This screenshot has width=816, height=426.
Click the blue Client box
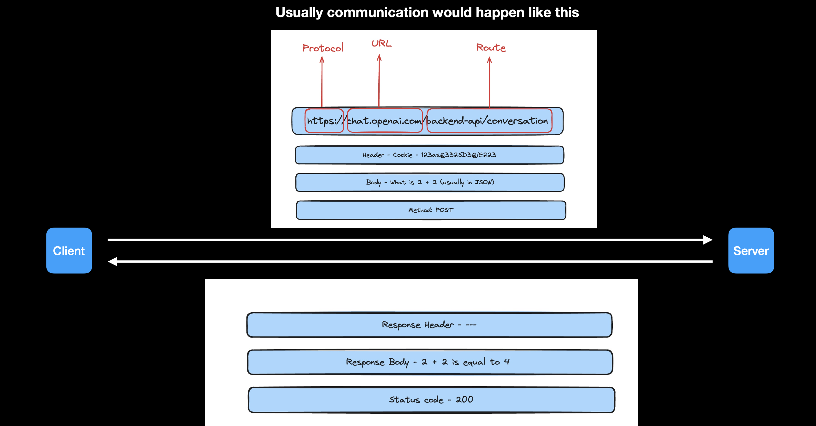pos(69,251)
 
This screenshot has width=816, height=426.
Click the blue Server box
pos(751,251)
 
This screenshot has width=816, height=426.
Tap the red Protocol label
pos(323,48)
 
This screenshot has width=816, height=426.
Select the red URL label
pos(381,44)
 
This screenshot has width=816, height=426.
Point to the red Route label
pos(491,48)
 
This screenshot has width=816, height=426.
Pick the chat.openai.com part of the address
pos(385,120)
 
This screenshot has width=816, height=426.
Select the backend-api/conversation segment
pos(489,120)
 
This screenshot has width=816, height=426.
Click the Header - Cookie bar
pos(429,155)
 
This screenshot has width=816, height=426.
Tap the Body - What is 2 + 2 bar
pos(430,182)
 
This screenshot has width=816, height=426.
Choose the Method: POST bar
pos(431,210)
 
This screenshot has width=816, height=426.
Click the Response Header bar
pos(429,325)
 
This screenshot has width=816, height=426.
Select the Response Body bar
pos(430,362)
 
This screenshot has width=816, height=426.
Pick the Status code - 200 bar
pos(431,400)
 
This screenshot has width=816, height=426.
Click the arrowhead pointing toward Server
pos(708,240)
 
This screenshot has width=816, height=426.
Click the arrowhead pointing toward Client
pos(112,262)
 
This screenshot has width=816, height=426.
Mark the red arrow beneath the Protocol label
pos(322,82)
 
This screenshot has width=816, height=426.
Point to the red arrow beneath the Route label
pos(489,82)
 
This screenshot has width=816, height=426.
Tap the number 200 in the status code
pos(464,399)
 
